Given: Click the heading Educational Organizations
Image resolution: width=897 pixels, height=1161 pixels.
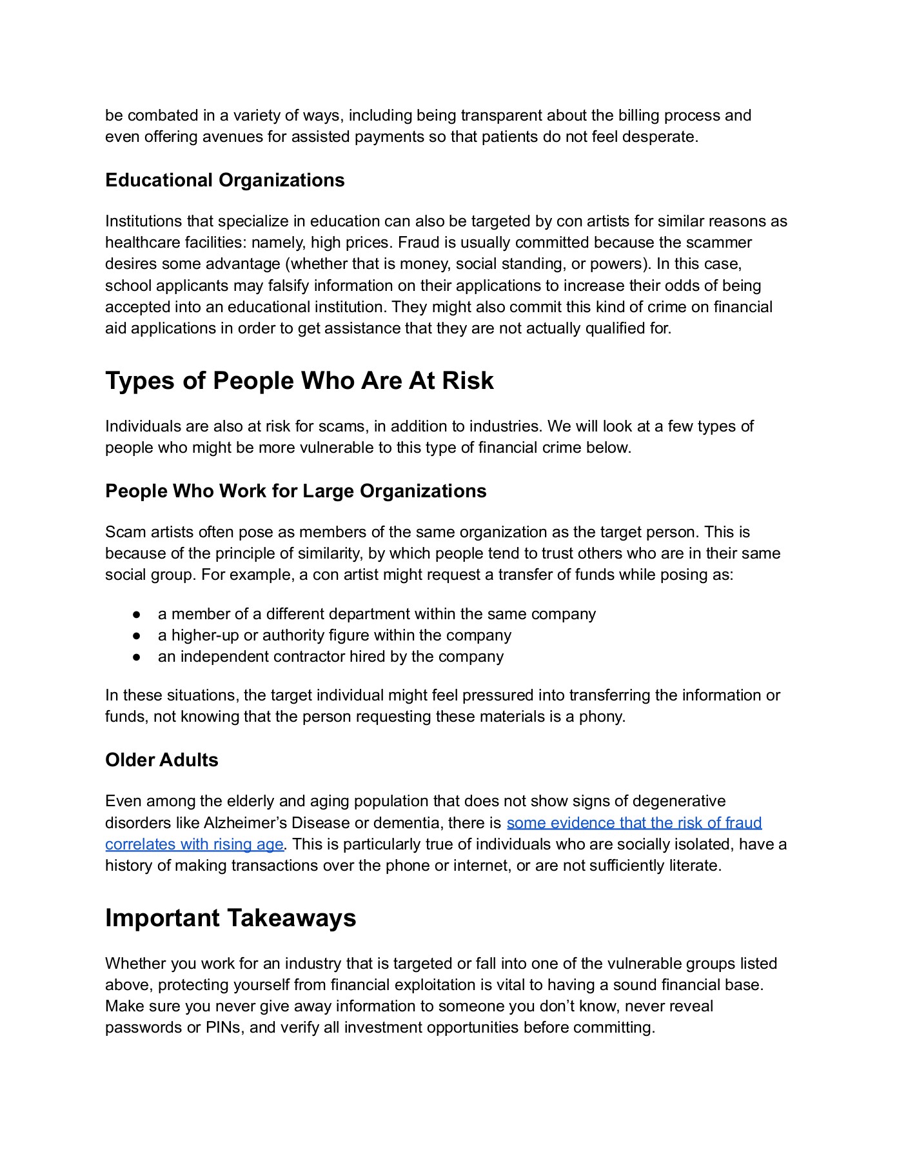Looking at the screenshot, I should tap(224, 180).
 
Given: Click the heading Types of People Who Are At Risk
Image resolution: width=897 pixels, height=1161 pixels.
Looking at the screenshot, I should tap(299, 381).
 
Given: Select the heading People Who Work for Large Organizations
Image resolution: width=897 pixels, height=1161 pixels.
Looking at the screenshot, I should tap(295, 491).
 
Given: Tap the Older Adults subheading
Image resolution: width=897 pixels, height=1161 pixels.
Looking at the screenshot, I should tap(161, 760).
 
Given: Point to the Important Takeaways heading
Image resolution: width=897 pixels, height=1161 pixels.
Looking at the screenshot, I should tap(230, 918).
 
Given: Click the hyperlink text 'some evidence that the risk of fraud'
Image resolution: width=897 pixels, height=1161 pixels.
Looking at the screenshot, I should tap(634, 822).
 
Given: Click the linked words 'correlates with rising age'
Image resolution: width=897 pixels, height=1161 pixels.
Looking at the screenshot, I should tap(194, 844).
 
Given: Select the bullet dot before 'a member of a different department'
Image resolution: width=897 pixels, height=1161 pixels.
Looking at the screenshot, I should tap(136, 614).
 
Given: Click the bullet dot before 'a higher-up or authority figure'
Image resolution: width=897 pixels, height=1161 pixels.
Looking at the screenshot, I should tap(136, 635).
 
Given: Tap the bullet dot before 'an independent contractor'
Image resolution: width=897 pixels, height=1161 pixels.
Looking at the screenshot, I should tap(136, 657).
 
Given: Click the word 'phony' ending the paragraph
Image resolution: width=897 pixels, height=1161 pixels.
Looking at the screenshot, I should tap(604, 717).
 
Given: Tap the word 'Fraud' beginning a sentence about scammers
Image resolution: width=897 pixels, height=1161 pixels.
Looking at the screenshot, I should tap(417, 243).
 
